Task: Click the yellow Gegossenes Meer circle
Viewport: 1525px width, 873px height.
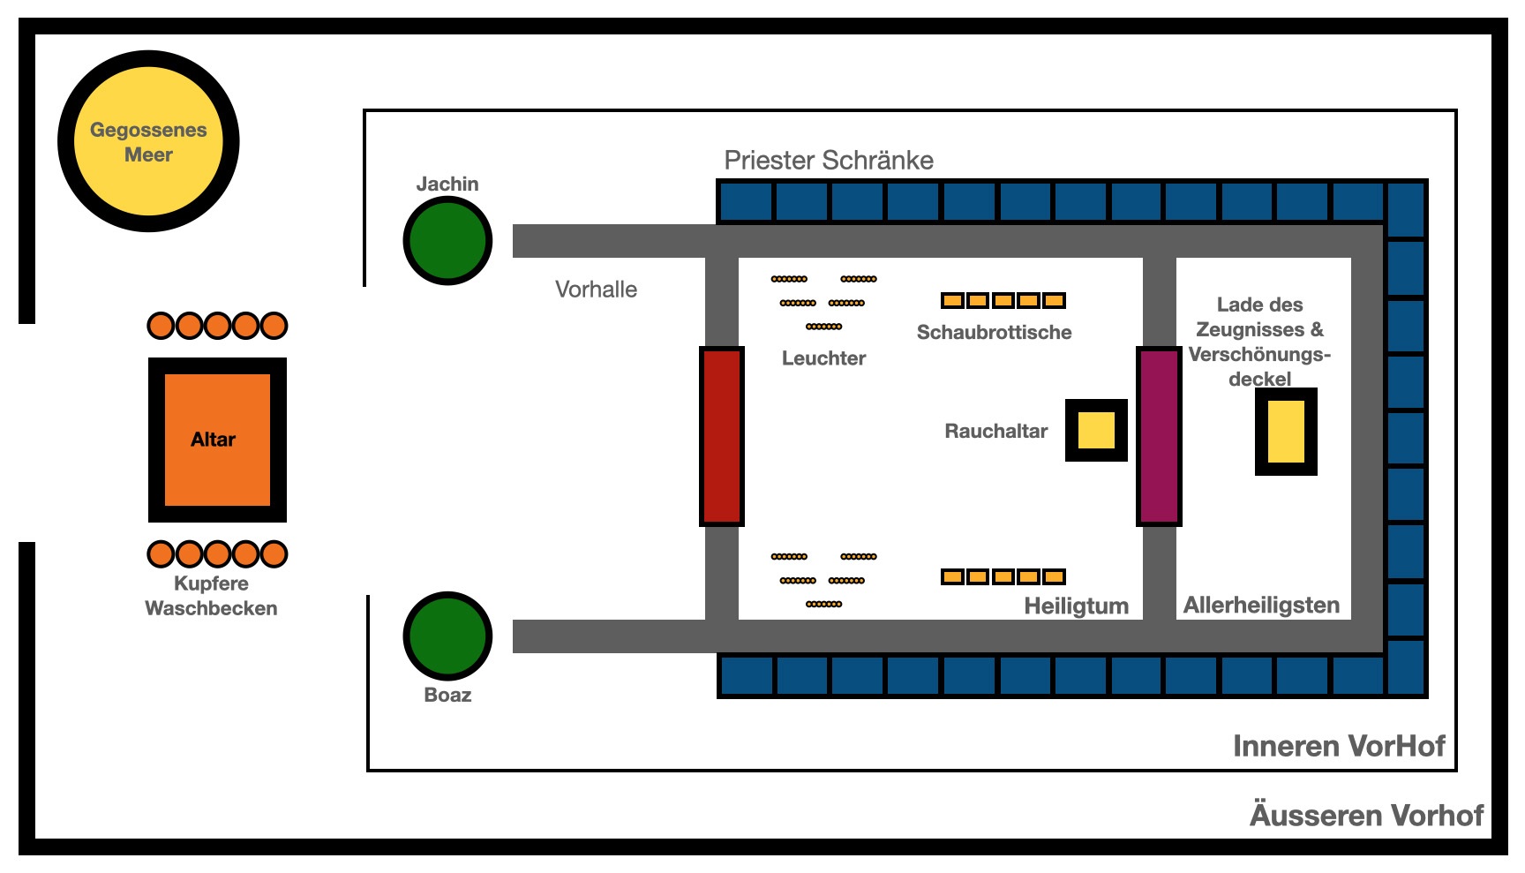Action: click(148, 141)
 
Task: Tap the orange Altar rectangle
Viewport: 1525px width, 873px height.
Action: click(217, 440)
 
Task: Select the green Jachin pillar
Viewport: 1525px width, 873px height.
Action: click(447, 241)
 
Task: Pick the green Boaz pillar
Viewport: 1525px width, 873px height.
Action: click(447, 636)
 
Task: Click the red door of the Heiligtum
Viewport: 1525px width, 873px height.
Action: click(722, 436)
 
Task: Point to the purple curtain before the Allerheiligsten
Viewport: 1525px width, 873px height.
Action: click(1159, 436)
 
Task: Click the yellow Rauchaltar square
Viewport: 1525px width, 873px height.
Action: click(1096, 430)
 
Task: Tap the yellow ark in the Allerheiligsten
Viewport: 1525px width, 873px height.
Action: click(1286, 432)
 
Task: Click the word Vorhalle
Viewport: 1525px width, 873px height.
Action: click(596, 290)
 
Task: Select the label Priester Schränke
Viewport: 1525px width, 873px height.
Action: click(829, 160)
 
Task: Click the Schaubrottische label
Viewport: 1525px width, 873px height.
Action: click(994, 332)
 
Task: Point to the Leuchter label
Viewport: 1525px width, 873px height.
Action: click(823, 357)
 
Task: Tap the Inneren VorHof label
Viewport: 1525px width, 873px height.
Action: click(1339, 746)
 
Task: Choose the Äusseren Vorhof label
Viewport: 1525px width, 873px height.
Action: click(1367, 814)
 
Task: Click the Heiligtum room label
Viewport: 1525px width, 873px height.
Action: click(1076, 606)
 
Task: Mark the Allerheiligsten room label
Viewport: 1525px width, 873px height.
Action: click(1261, 605)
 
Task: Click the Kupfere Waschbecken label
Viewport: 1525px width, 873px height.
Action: click(211, 596)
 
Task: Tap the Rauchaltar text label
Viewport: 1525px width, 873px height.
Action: click(995, 431)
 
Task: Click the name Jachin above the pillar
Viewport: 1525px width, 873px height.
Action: click(447, 184)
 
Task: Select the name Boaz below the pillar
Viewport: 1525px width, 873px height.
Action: click(447, 695)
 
